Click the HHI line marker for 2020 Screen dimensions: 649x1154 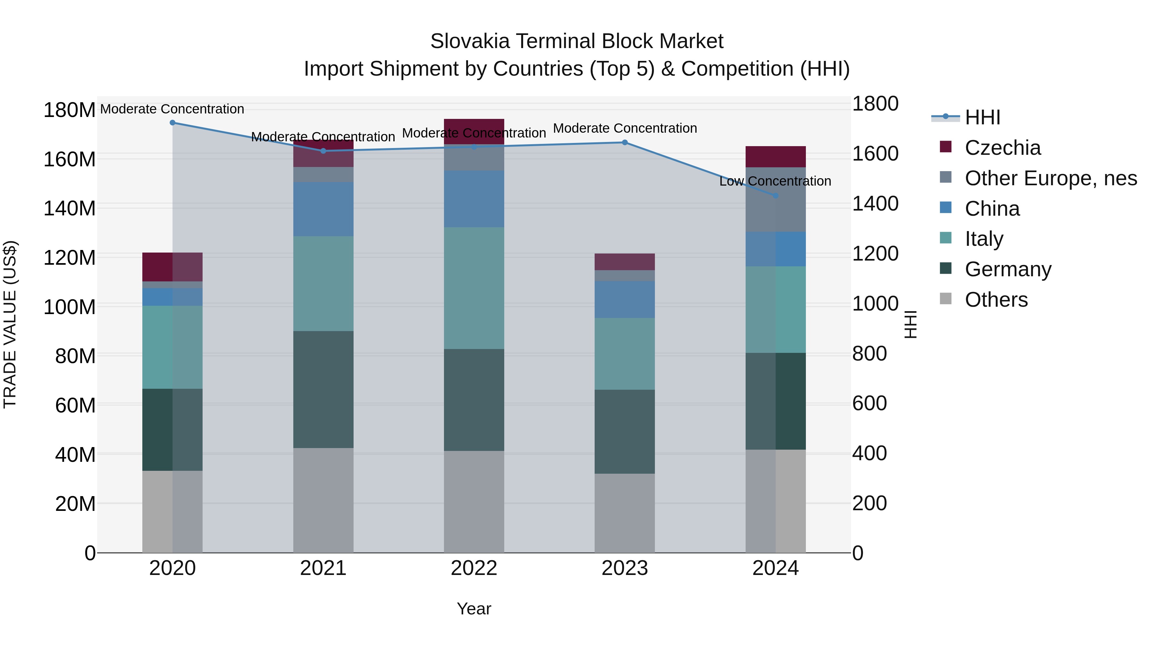pos(172,123)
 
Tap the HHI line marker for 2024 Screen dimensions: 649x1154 pos(775,196)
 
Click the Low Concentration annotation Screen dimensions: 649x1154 pos(775,181)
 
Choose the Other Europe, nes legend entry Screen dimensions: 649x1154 pos(1050,178)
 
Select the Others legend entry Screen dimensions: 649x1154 pos(996,300)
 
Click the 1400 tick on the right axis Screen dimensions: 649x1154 pos(874,204)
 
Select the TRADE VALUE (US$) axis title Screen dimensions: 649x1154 pos(10,324)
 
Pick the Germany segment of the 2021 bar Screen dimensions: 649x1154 pos(323,390)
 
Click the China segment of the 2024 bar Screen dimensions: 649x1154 pos(775,249)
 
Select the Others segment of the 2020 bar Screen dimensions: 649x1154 pos(172,512)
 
